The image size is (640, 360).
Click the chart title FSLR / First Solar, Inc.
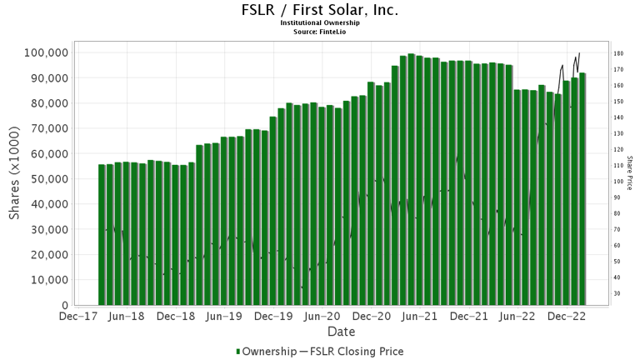319,11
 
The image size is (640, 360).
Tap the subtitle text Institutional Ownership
319,23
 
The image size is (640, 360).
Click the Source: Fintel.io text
319,31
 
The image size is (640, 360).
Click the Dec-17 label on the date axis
77,317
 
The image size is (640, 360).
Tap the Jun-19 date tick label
224,317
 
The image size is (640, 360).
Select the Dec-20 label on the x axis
372,317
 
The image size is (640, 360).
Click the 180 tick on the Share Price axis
619,53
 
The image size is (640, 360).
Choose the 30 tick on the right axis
617,293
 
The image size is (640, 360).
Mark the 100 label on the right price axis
619,182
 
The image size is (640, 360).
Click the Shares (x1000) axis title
15,178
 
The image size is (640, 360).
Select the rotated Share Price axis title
631,173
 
